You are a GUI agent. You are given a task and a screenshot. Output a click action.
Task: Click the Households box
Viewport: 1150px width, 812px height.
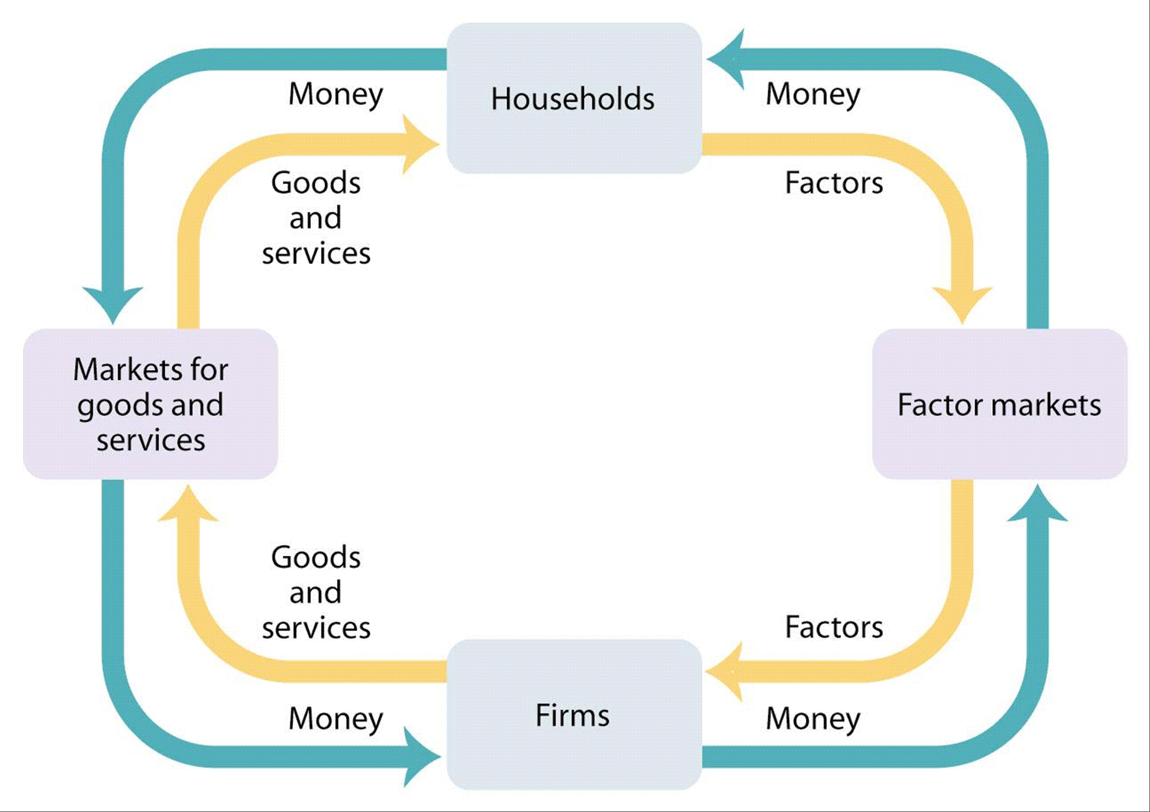[574, 98]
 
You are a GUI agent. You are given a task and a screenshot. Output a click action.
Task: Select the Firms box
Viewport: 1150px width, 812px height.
[574, 714]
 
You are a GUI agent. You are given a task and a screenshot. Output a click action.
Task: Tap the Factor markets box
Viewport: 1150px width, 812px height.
[1000, 404]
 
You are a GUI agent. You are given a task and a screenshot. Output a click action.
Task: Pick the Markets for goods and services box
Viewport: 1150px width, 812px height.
[151, 404]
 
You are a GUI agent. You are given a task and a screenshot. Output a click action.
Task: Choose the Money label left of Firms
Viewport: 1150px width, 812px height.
[336, 719]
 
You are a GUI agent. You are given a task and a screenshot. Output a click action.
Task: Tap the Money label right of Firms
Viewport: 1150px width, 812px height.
[813, 719]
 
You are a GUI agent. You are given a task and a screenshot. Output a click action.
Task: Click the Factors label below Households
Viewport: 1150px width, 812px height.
[834, 182]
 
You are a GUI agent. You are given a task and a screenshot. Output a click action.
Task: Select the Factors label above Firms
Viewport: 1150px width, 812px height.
[834, 627]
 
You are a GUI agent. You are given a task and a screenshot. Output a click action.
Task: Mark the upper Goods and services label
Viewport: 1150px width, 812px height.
[316, 217]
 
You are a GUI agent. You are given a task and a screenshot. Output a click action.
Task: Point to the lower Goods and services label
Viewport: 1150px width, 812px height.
[316, 592]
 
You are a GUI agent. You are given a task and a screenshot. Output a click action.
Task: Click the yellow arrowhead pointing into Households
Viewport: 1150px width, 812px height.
[418, 144]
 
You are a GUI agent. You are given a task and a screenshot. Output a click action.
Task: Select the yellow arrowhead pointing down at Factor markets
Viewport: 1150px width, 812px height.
[962, 303]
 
